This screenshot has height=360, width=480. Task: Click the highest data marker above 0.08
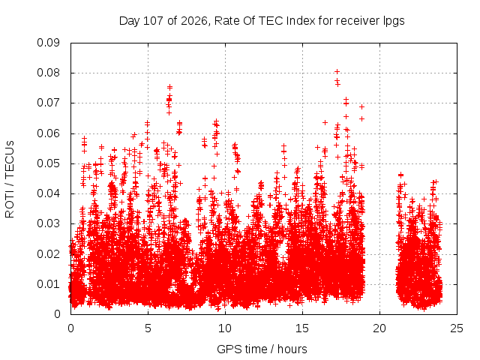point(337,72)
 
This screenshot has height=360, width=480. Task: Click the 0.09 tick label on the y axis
point(48,43)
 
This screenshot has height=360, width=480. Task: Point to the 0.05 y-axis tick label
point(48,163)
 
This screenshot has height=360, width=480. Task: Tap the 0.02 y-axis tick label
point(48,254)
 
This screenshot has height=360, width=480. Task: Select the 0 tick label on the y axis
point(57,314)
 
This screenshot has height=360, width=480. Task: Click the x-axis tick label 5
point(148,328)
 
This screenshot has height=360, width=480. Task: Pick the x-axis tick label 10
point(225,328)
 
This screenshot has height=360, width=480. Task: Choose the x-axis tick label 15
point(302,328)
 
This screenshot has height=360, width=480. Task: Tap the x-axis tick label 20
point(379,328)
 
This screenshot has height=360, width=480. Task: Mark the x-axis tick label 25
point(457,328)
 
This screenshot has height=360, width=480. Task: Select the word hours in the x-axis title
point(292,349)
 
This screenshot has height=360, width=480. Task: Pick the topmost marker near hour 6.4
point(169,87)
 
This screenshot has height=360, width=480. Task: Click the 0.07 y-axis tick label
point(48,103)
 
